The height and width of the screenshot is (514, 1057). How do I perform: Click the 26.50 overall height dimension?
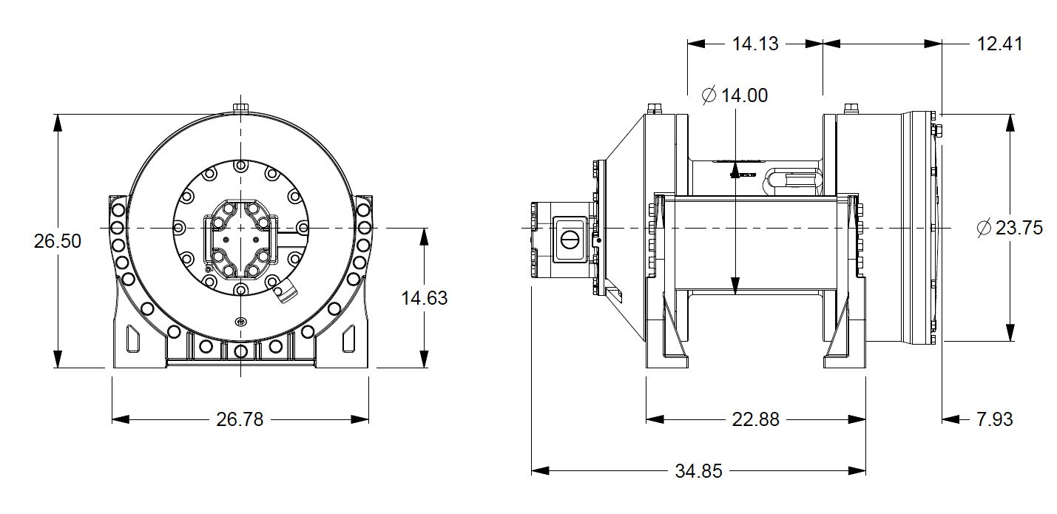(x=57, y=241)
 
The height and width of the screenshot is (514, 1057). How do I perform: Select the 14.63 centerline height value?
(x=424, y=298)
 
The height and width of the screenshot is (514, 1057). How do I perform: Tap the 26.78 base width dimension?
(x=240, y=419)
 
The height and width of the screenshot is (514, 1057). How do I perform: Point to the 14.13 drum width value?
(x=755, y=44)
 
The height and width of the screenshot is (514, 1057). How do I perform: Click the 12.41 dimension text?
(x=999, y=44)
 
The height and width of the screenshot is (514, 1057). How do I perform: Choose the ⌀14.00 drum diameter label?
(x=735, y=95)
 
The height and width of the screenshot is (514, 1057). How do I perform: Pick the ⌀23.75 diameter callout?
(x=1010, y=228)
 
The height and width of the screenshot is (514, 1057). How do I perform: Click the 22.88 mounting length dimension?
(x=755, y=419)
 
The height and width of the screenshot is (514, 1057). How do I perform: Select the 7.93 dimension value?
(x=994, y=419)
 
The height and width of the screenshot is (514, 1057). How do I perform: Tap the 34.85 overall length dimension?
(x=698, y=471)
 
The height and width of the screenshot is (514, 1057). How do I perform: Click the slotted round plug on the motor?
(x=570, y=239)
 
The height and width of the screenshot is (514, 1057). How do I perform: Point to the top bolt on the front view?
(x=240, y=109)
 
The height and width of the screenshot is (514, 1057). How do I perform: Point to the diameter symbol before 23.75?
(x=983, y=228)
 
